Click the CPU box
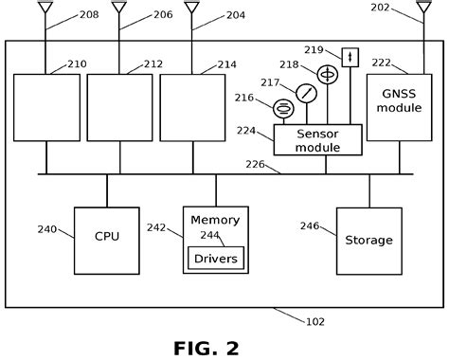coord(107,235)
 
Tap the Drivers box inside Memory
coord(217,257)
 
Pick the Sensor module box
coord(318,139)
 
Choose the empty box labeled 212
coord(118,108)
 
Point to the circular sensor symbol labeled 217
coord(306,93)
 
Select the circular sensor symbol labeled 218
coord(328,73)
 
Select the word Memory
coord(215,220)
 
